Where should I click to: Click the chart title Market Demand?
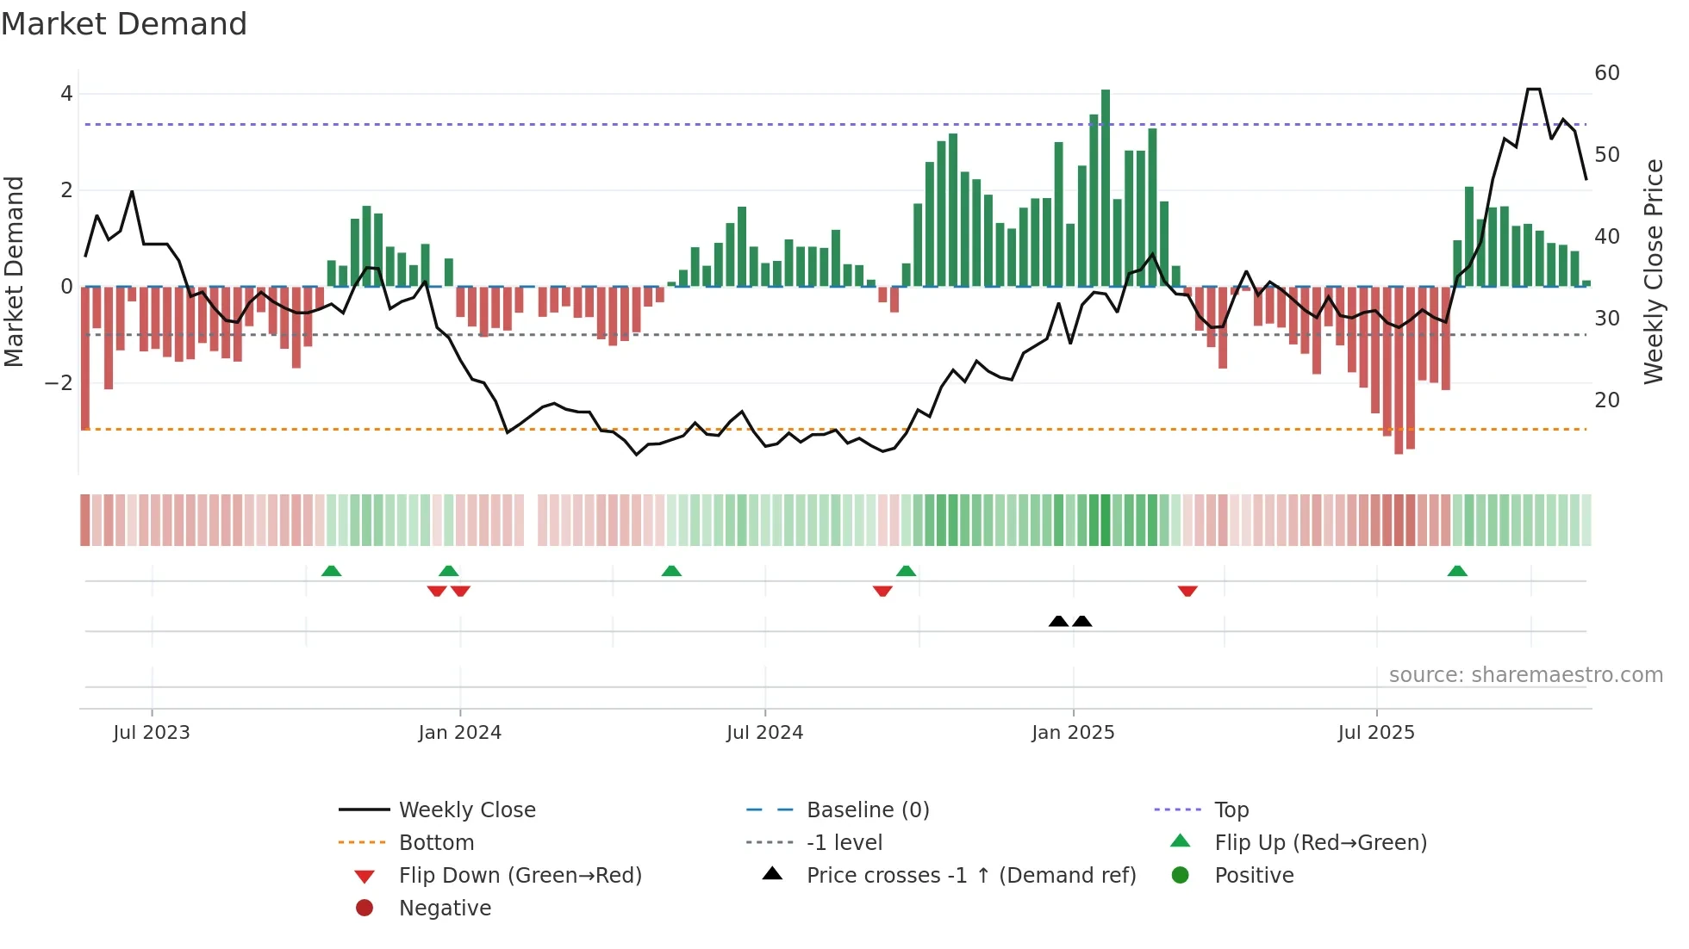click(124, 24)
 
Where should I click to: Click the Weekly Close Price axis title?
click(1653, 271)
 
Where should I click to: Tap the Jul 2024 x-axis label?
click(764, 733)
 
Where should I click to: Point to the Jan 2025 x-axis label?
click(1073, 733)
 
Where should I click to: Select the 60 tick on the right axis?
click(1606, 73)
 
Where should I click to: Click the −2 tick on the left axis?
click(59, 382)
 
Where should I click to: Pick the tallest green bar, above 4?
click(1106, 188)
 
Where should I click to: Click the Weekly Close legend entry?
click(466, 810)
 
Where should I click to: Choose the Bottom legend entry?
click(436, 843)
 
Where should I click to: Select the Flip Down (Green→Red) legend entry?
click(520, 876)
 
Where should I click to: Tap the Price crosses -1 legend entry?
click(970, 876)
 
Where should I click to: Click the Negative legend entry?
click(445, 909)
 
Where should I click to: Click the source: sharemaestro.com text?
click(1525, 675)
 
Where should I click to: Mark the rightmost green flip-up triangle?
click(1457, 571)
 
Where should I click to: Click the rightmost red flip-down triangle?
click(1187, 591)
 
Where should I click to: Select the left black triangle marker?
click(1058, 621)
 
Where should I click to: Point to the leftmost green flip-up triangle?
click(331, 571)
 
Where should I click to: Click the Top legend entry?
click(1231, 810)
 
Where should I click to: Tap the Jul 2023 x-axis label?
click(152, 733)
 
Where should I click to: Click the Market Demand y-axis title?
click(14, 271)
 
